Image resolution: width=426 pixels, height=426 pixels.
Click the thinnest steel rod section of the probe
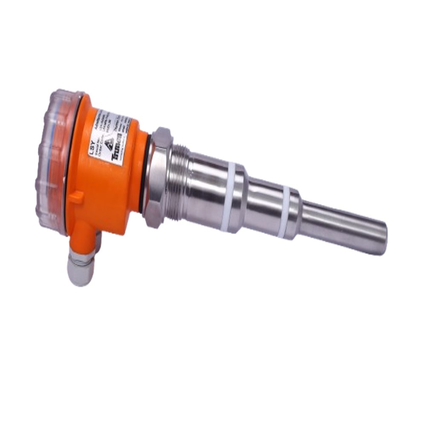[x=345, y=230]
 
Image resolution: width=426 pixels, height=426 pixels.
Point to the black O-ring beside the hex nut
[x=146, y=170]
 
